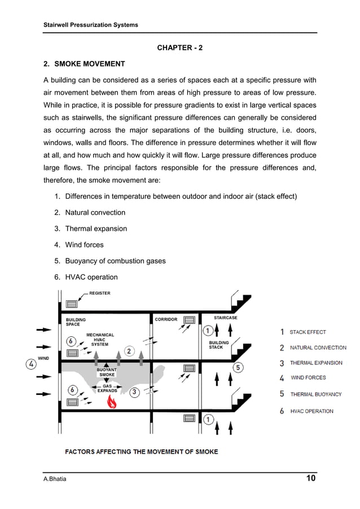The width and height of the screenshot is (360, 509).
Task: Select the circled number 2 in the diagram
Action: pos(129,352)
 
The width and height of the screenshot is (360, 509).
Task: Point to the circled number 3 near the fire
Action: pos(136,393)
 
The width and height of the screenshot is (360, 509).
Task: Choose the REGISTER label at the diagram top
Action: pos(99,293)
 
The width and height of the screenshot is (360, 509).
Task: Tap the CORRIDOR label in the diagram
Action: pos(166,319)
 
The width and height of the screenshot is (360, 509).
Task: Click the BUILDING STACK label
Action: pos(219,345)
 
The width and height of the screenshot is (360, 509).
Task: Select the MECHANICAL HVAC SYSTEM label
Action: pos(100,340)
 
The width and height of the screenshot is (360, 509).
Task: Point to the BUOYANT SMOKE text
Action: pos(107,372)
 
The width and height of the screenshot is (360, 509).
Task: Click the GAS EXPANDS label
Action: pos(107,388)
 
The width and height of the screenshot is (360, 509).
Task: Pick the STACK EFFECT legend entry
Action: pos(308,332)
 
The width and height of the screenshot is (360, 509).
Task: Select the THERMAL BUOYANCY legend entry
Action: pos(315,394)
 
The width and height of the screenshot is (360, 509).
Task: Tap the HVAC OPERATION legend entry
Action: pos(311,411)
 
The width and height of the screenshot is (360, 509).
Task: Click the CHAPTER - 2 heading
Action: pos(179,48)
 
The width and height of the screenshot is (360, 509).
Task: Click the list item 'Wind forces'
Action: pos(84,245)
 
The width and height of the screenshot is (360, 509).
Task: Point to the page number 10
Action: pos(310,479)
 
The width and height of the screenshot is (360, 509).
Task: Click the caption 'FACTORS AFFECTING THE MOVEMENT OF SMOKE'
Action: pos(141,451)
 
